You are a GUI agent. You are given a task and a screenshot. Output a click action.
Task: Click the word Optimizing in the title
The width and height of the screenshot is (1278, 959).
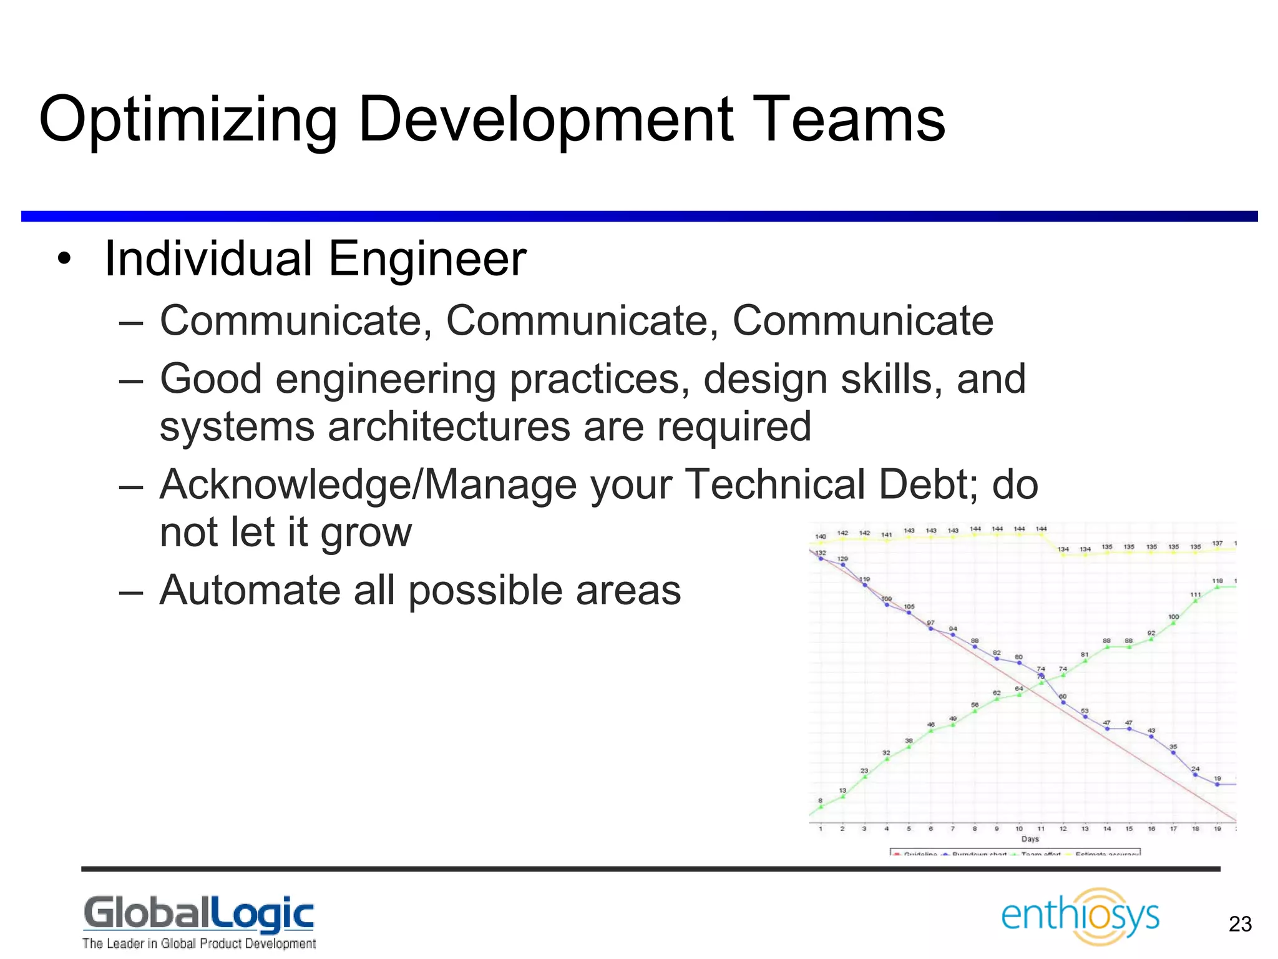(x=187, y=120)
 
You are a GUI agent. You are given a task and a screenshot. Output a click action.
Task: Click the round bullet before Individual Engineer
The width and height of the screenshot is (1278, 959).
(x=64, y=260)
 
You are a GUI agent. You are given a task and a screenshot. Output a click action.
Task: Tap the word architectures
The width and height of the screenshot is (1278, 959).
(x=448, y=426)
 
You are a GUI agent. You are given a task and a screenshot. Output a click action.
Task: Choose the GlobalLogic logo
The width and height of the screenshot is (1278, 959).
(x=198, y=922)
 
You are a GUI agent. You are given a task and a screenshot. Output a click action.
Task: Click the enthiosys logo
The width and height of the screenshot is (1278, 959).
(x=1080, y=916)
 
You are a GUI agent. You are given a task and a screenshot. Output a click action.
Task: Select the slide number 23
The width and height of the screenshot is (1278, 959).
(x=1240, y=924)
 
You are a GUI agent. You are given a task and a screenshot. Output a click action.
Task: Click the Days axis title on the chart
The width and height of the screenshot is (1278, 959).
(x=1030, y=839)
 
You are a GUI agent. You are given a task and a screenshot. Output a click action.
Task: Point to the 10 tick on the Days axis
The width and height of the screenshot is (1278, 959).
(x=1019, y=829)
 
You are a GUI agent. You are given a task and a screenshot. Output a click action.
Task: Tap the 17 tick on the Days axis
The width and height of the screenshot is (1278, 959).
(x=1173, y=829)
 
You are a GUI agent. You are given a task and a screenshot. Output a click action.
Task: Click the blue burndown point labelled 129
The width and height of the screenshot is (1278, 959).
(x=843, y=565)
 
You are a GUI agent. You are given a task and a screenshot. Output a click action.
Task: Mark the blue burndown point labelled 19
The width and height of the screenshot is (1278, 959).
(x=1217, y=784)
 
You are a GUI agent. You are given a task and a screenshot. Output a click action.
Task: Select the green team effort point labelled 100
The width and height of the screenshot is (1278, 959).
(x=1173, y=622)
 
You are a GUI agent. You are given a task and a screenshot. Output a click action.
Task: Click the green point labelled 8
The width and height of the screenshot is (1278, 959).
(x=821, y=807)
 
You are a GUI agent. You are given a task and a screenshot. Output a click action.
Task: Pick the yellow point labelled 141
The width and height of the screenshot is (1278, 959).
(x=887, y=540)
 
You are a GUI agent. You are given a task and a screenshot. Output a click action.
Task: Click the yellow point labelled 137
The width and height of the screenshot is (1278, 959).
(x=1217, y=549)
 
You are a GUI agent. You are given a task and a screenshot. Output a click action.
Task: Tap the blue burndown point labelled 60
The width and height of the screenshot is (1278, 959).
(x=1063, y=702)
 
